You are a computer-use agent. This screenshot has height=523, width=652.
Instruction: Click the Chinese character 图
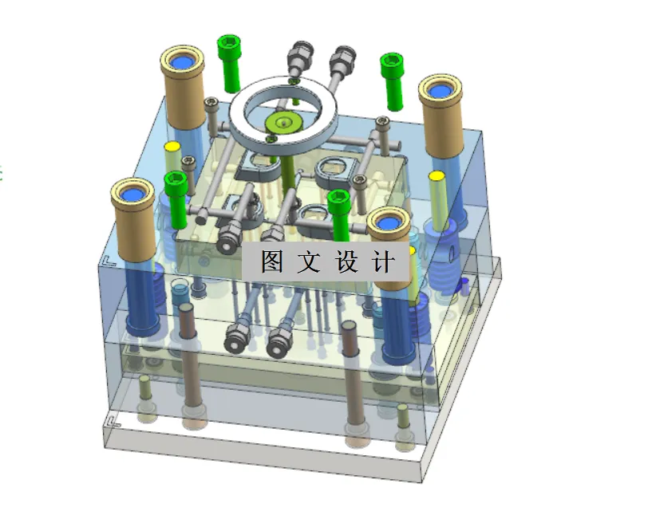(272, 261)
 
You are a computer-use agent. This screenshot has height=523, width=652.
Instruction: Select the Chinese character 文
(309, 261)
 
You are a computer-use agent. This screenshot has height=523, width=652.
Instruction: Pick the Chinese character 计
(383, 261)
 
